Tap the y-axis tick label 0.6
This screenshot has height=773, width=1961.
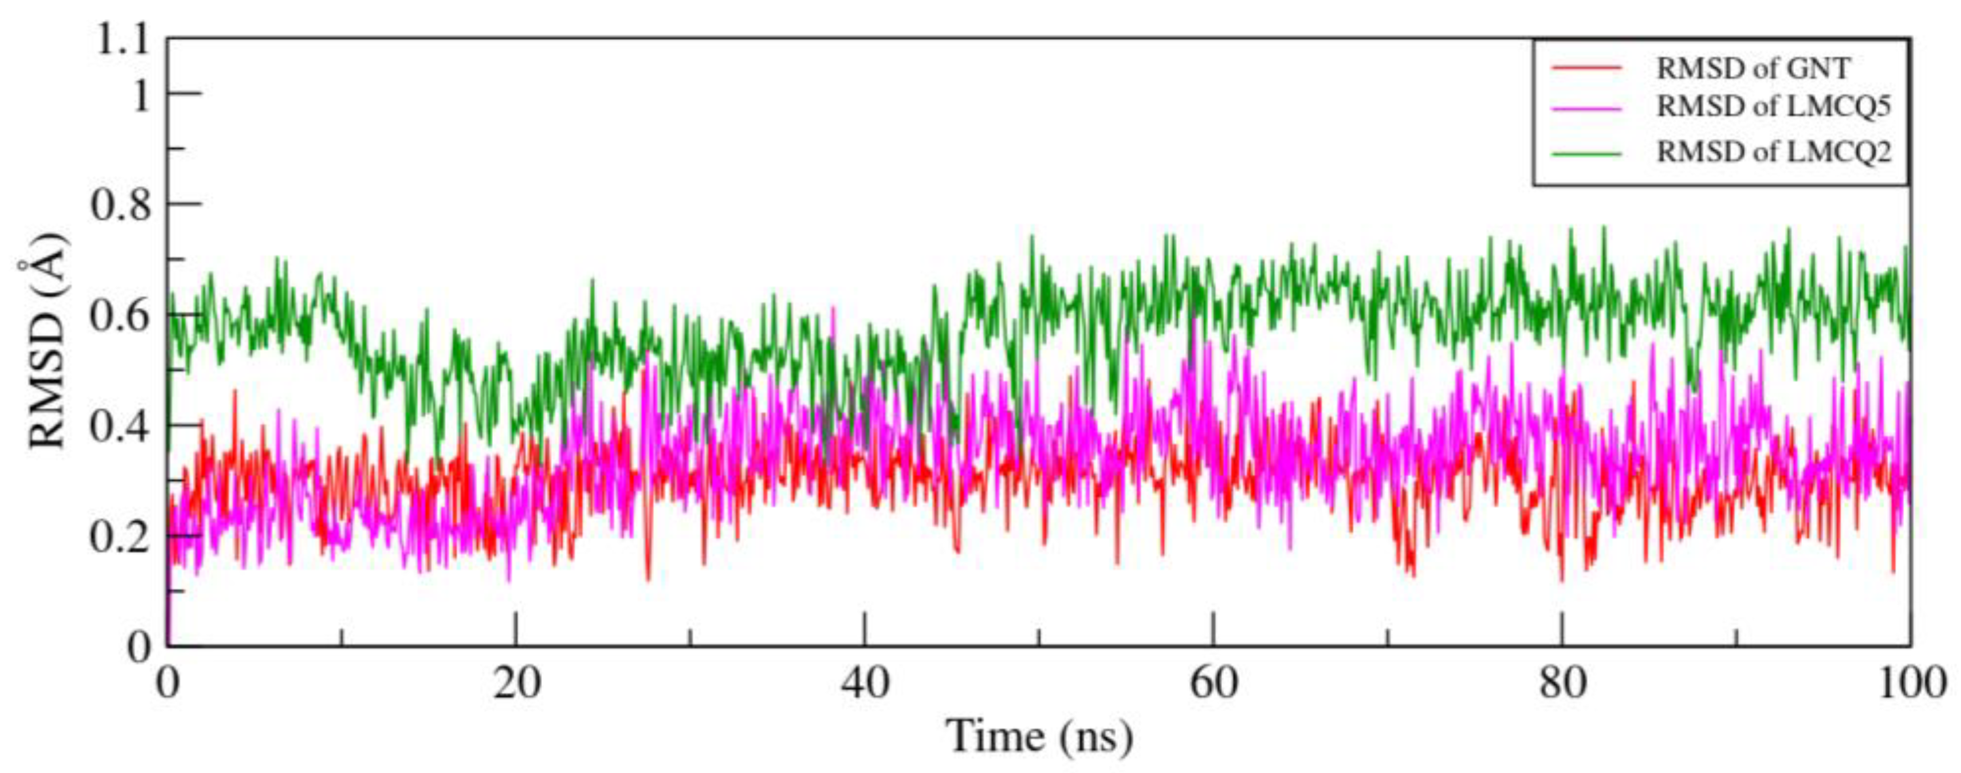(x=120, y=316)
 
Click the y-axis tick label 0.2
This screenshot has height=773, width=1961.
(x=120, y=537)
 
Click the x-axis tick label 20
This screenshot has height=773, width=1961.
(x=516, y=683)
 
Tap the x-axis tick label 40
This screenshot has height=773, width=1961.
(x=865, y=683)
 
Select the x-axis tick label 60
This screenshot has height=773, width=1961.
(x=1214, y=683)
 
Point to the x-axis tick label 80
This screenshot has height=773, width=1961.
(x=1562, y=683)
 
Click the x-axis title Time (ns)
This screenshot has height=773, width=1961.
(x=1039, y=736)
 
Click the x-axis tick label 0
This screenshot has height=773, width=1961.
(x=167, y=683)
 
